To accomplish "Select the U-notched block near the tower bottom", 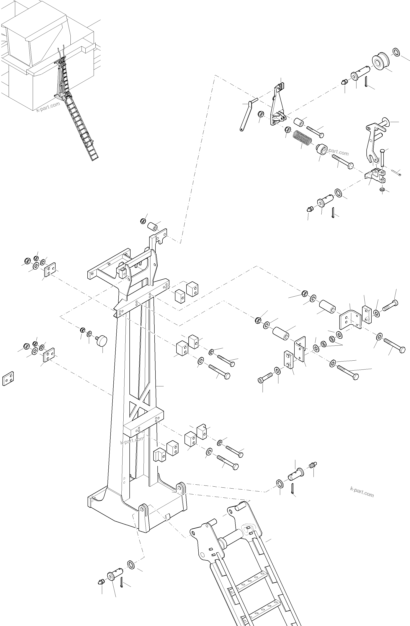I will pos(159,455).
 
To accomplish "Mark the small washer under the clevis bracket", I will pos(382,189).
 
